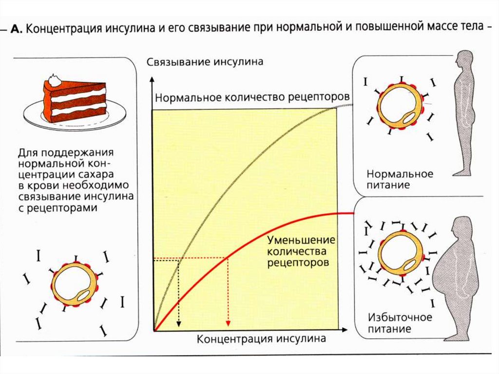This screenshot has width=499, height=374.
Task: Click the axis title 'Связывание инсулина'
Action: pos(205,62)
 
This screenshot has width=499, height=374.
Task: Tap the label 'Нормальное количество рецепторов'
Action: pos(252,97)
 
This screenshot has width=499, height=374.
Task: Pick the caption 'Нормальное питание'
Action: pos(400,179)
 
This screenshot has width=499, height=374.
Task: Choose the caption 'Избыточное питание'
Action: pos(400,323)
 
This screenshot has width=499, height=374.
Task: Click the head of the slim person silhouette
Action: pos(464,61)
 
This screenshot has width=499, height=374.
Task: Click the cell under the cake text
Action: pos(74,285)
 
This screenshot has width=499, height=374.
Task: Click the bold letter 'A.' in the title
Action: pos(18,28)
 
